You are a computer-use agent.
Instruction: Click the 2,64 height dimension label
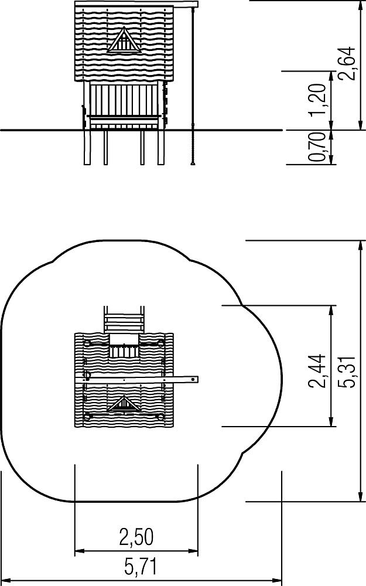pyautogui.click(x=346, y=63)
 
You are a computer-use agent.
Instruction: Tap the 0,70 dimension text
pyautogui.click(x=317, y=146)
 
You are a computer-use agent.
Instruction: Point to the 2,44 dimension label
pyautogui.click(x=317, y=371)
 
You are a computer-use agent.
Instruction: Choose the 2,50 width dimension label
pyautogui.click(x=136, y=537)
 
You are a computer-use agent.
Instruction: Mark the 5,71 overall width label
pyautogui.click(x=141, y=567)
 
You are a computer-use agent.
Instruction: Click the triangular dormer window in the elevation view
pyautogui.click(x=124, y=40)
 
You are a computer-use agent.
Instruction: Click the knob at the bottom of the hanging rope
pyautogui.click(x=193, y=163)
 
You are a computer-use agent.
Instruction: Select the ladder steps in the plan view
pyautogui.click(x=124, y=320)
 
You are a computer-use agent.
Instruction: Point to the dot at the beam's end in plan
pyautogui.click(x=193, y=380)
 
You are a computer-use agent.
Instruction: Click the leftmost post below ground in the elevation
pyautogui.click(x=87, y=147)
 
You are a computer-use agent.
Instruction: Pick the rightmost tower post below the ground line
pyautogui.click(x=160, y=147)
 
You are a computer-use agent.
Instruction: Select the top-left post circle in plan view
pyautogui.click(x=87, y=343)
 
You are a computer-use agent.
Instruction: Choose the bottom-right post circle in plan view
pyautogui.click(x=160, y=417)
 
